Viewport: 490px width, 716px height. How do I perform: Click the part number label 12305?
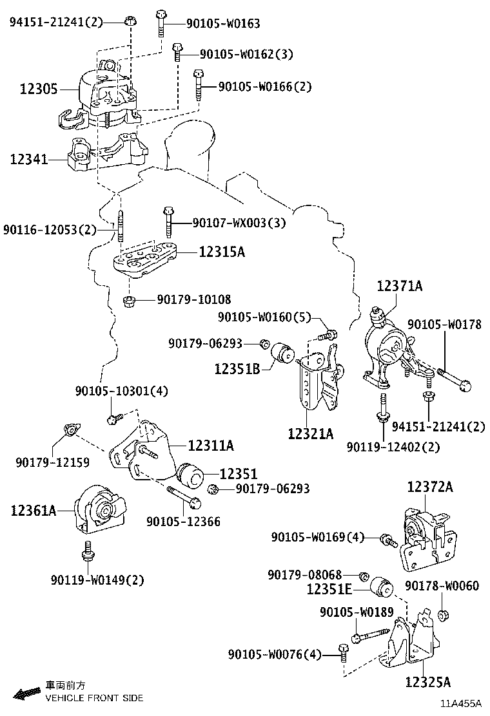(x=34, y=89)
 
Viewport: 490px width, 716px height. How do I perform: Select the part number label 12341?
(x=28, y=158)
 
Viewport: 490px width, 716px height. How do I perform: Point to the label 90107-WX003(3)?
(x=239, y=223)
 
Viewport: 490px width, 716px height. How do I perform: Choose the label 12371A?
(x=400, y=286)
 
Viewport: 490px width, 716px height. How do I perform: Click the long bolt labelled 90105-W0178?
(x=454, y=379)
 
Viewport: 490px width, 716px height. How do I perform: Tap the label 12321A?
(x=311, y=433)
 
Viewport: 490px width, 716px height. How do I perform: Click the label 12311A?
(x=211, y=445)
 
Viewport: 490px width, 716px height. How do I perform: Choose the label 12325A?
(x=428, y=681)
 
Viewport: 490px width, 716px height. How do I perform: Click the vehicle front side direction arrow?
(x=28, y=693)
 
